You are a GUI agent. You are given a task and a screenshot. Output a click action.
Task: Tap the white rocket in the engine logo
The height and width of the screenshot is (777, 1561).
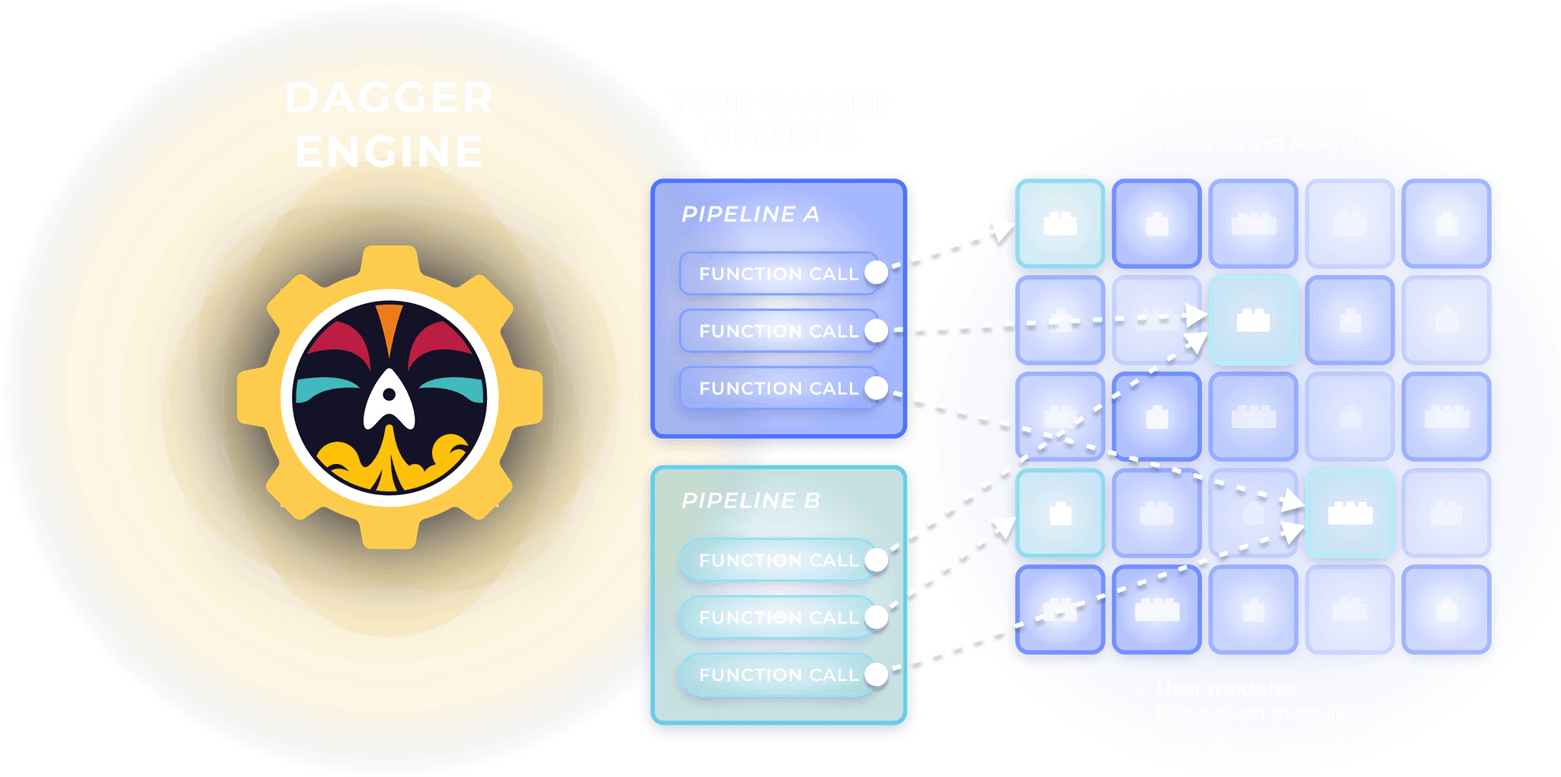(x=389, y=400)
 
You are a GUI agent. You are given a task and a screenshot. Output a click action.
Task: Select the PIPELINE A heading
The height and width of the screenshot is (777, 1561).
(x=750, y=214)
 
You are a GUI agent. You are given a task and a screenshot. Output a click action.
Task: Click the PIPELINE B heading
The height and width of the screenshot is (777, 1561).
(x=750, y=500)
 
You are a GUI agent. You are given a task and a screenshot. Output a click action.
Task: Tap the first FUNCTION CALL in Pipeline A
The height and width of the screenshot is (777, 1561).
(x=777, y=273)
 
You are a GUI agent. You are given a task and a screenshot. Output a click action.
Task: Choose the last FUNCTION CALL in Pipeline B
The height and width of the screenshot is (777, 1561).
(x=777, y=674)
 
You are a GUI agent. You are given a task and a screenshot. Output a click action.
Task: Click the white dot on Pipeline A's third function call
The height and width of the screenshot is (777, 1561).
(x=877, y=388)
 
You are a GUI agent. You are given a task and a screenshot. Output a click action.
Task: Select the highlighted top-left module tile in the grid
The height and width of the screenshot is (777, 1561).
(x=1059, y=223)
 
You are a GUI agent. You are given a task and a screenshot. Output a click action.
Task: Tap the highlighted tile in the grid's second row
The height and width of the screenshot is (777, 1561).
(x=1253, y=320)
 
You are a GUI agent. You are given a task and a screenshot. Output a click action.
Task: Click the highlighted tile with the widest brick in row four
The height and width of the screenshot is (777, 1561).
(x=1350, y=513)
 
